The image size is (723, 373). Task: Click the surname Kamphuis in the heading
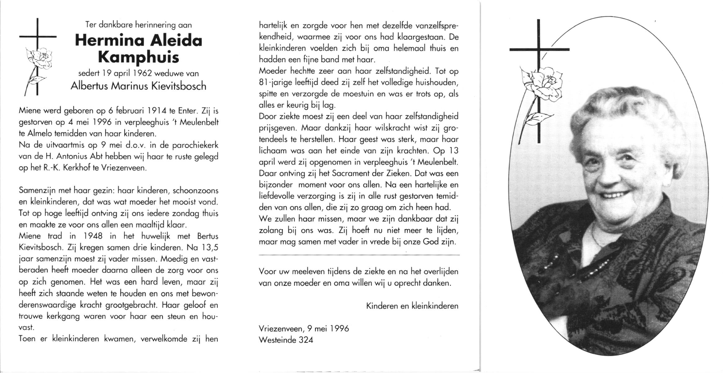(x=138, y=58)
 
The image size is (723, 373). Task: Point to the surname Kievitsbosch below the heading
(x=179, y=86)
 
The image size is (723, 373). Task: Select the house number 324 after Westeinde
(x=306, y=340)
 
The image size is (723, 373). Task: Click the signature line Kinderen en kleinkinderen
(x=412, y=306)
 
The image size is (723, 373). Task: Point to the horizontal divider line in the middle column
(x=359, y=255)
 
